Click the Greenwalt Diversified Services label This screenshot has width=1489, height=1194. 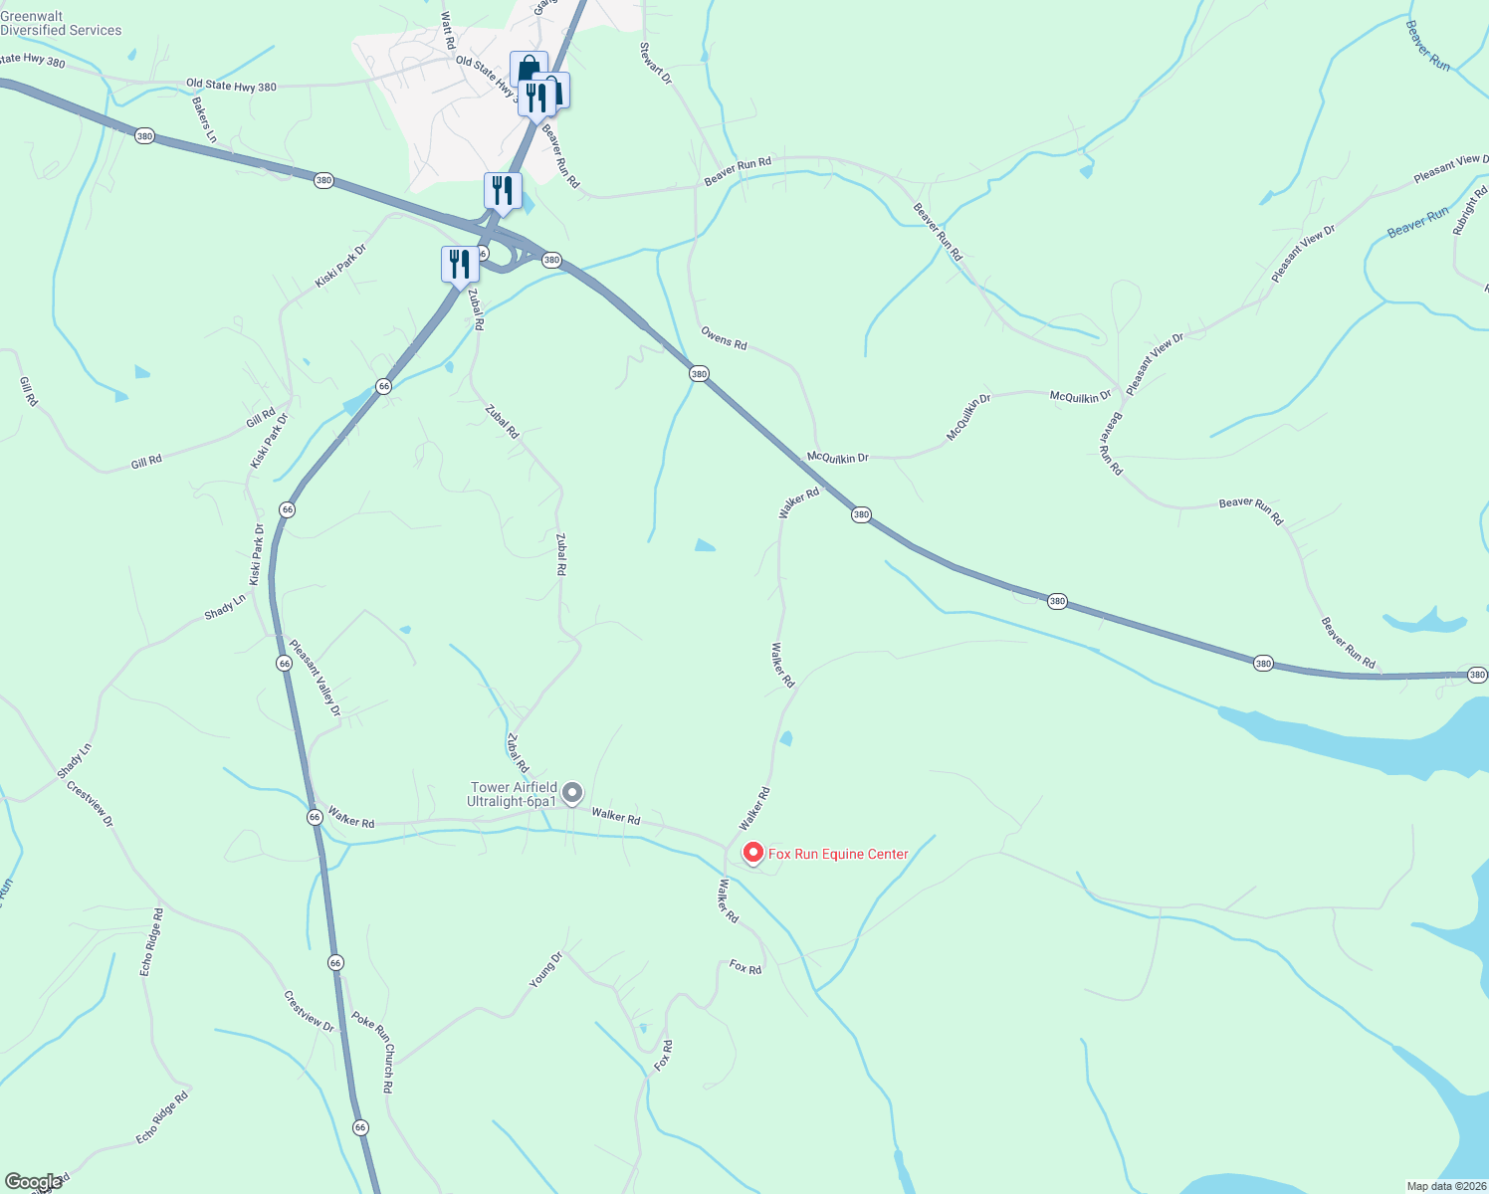click(61, 24)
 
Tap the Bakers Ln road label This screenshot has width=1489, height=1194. click(204, 119)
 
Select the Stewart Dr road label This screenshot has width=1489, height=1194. click(656, 62)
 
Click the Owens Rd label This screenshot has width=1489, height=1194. click(724, 337)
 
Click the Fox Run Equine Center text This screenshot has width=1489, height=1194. click(838, 854)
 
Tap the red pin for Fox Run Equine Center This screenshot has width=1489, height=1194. click(753, 853)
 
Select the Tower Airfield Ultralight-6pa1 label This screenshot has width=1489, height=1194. click(513, 794)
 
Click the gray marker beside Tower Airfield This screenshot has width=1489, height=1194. click(572, 793)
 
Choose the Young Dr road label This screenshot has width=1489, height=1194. click(545, 969)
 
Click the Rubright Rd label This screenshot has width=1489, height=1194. click(1470, 207)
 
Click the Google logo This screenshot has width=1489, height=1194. click(34, 1182)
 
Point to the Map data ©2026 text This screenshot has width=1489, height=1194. click(1444, 1186)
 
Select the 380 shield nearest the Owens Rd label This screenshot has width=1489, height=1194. click(699, 374)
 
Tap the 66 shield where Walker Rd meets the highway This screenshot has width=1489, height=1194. click(315, 816)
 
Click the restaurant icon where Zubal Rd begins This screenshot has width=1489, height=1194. click(459, 264)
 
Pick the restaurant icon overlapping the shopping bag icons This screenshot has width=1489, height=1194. click(535, 99)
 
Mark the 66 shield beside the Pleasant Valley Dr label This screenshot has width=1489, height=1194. click(285, 663)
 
